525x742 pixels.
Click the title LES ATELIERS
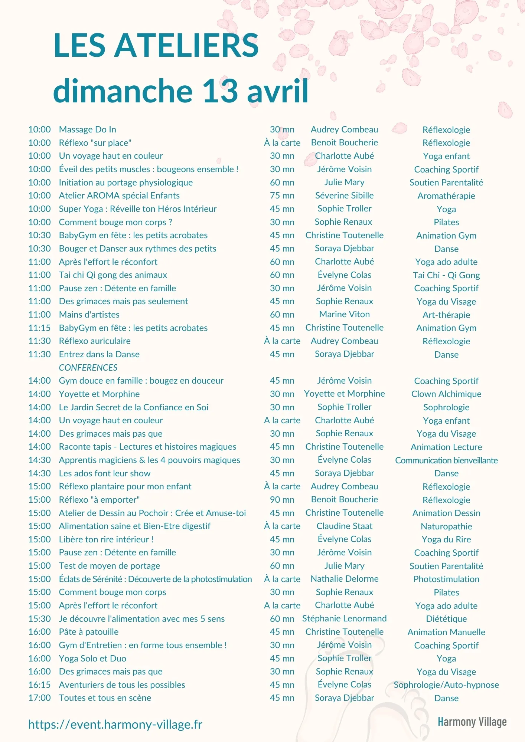pos(156,45)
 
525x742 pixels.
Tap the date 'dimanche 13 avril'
pos(181,91)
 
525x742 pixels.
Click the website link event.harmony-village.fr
pos(115,724)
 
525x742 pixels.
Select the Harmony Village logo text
pos(472,722)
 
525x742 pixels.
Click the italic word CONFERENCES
pos(88,368)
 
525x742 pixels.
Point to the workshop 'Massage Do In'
pos(87,129)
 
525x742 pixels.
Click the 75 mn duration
pos(282,196)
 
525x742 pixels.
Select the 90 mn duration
pos(282,500)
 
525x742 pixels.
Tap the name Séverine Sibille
pos(344,196)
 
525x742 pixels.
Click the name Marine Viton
pos(344,314)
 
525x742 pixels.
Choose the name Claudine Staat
pos(344,526)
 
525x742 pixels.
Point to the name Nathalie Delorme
pos(344,579)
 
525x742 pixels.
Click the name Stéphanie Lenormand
pos(344,618)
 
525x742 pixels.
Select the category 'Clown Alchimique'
pos(446,394)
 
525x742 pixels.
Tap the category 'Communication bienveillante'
pos(446,460)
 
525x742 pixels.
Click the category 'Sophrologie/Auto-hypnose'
pos(446,685)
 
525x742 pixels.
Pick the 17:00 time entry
pos(39,698)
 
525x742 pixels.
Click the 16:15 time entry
pos(39,685)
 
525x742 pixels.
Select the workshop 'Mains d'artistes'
pos(89,315)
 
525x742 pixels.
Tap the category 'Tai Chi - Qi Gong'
pos(446,275)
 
